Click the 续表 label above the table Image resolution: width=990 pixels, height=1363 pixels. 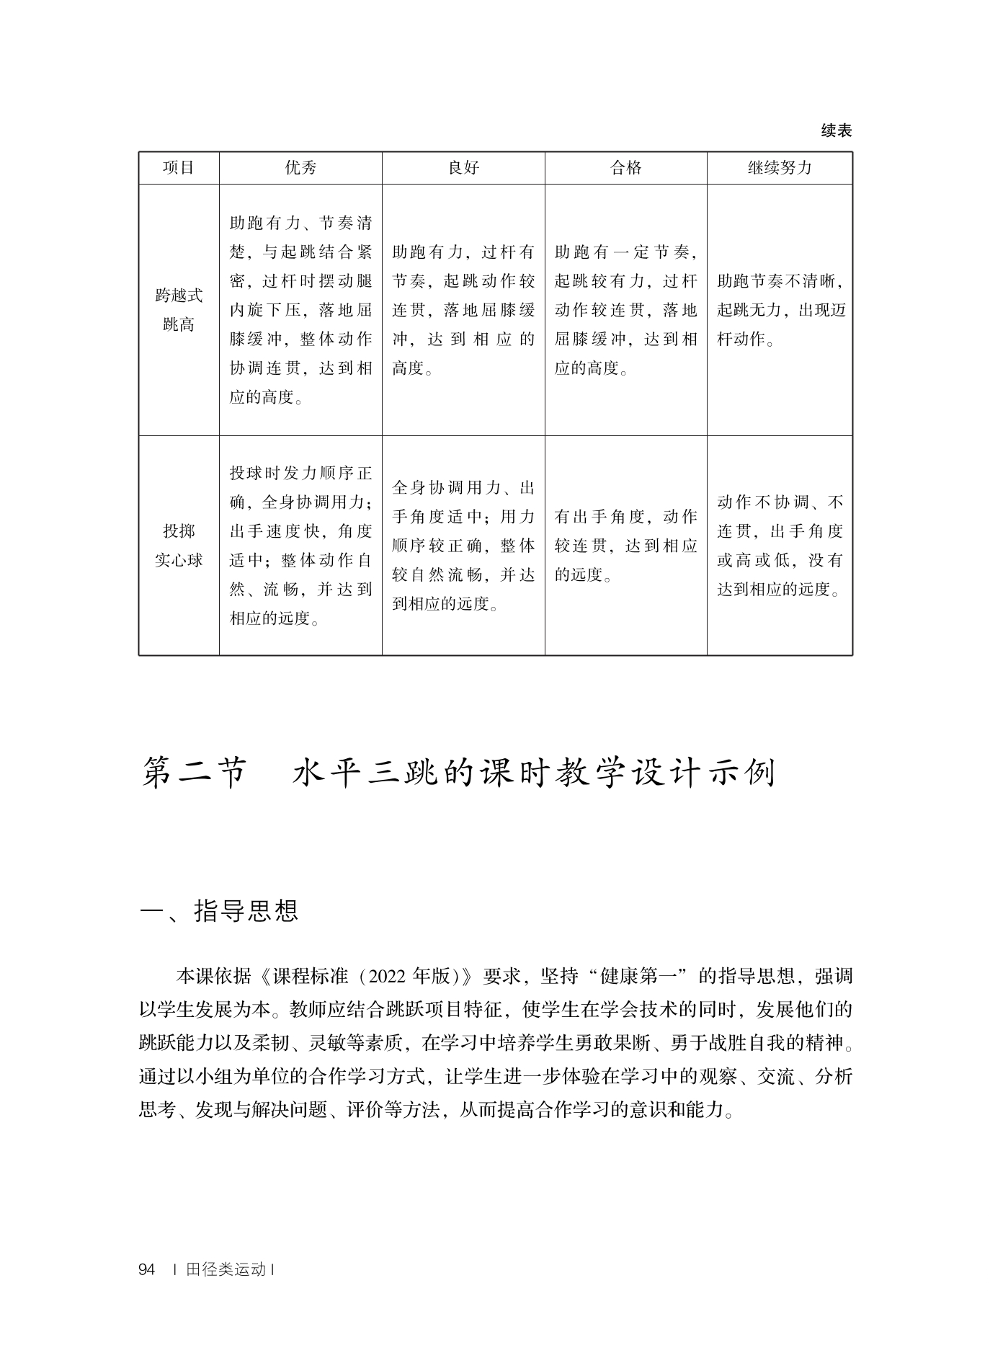pos(836,130)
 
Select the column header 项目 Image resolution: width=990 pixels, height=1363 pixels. pos(179,168)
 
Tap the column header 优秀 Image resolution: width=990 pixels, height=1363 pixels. pos(300,168)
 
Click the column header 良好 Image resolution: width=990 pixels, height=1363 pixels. pos(463,168)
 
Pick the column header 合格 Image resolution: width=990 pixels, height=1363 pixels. pos(625,168)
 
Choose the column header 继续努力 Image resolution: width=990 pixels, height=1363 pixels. pos(780,168)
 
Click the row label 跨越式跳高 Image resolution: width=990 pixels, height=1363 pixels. pos(179,310)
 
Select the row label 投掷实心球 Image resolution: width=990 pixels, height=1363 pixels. pos(179,546)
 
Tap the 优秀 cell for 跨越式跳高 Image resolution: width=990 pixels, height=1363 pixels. pos(300,310)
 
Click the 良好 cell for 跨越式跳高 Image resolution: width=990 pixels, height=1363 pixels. pos(463,310)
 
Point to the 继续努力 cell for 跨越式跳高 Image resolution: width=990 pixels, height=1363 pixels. pos(780,310)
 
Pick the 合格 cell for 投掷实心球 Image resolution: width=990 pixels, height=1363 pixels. pos(625,546)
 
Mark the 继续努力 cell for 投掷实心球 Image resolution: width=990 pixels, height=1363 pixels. pos(780,546)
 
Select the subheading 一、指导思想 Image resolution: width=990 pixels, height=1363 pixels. pos(218,911)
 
